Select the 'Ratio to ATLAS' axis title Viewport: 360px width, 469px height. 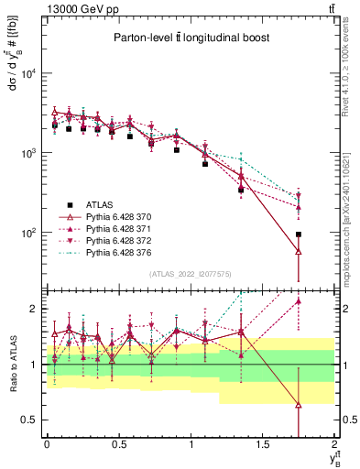click(x=12, y=364)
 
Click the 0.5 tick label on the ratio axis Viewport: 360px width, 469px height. click(x=32, y=420)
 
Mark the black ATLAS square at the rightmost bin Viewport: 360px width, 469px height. click(x=299, y=234)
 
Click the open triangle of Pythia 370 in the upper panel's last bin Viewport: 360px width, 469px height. click(x=299, y=251)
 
